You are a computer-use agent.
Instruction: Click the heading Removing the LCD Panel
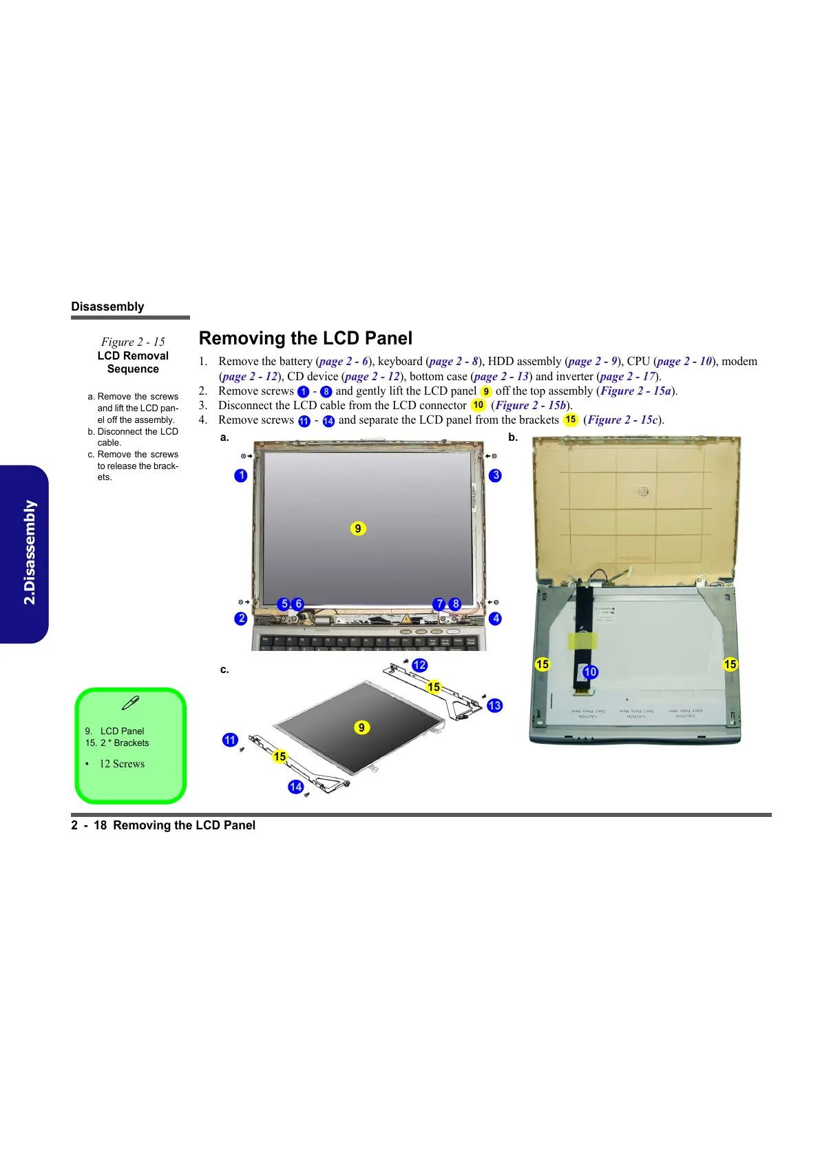pos(306,338)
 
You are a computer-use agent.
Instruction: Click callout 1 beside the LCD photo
pos(240,475)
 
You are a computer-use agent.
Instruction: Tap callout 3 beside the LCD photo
pos(495,475)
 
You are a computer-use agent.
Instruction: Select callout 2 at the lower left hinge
pos(240,619)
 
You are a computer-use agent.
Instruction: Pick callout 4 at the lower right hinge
pos(495,619)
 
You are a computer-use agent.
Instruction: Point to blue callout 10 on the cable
pos(590,672)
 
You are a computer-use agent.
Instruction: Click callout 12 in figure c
pos(419,665)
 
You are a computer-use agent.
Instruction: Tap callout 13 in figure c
pos(494,705)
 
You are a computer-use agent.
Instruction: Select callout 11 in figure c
pos(230,740)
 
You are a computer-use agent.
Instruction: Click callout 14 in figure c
pos(296,787)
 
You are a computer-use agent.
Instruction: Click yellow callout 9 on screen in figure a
pos(358,528)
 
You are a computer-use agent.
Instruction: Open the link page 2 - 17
pos(628,376)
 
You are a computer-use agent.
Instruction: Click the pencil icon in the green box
pos(130,703)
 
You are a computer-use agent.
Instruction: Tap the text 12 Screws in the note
pos(122,764)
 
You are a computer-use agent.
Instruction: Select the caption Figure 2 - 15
pos(133,342)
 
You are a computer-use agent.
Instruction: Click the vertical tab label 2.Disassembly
pos(29,552)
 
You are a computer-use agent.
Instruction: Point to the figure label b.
pos(513,437)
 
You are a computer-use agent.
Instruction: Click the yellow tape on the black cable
pos(582,641)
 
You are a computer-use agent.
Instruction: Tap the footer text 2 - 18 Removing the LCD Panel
pos(163,825)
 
